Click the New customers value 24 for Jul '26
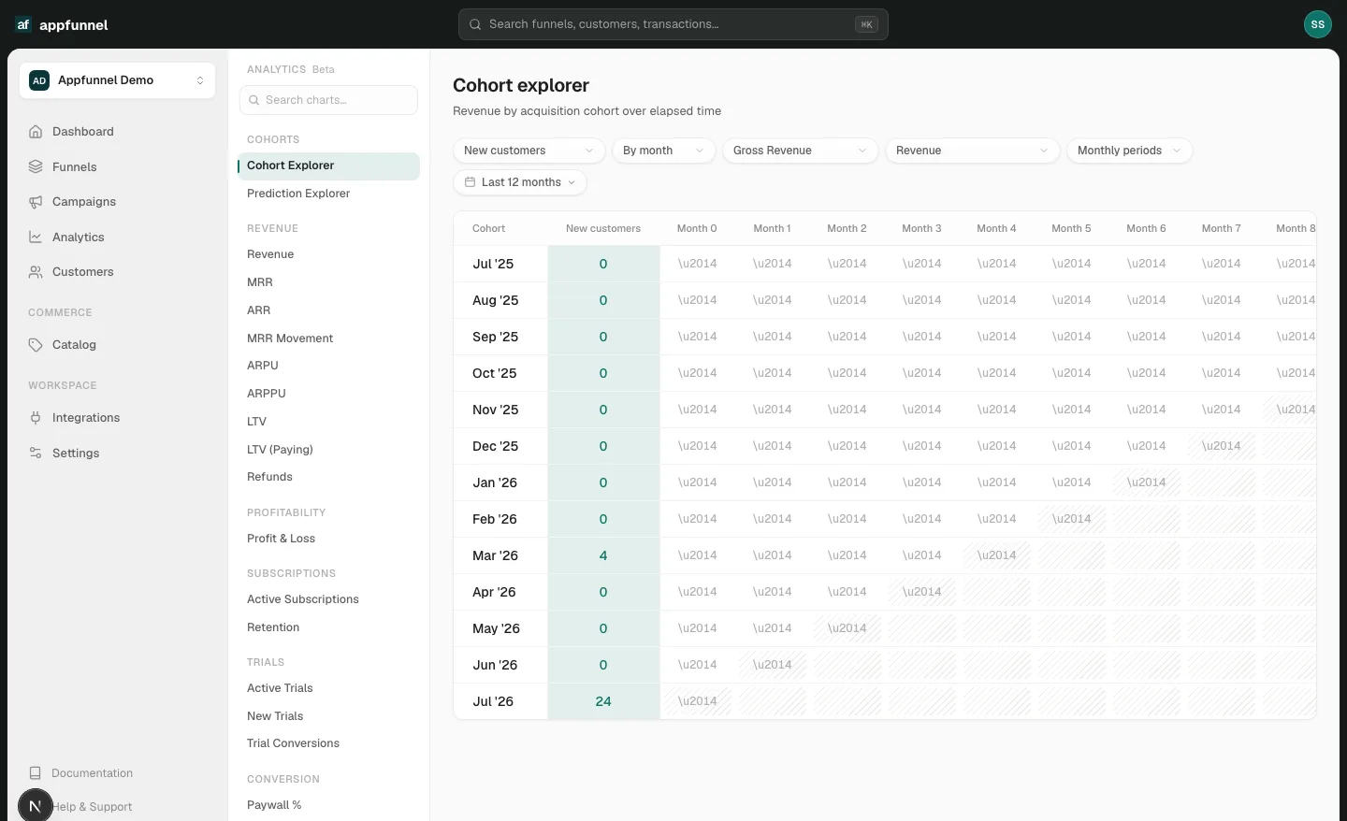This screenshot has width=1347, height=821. tap(603, 701)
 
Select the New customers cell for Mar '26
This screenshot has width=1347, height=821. tap(603, 555)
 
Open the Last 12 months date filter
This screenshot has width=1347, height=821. tap(519, 182)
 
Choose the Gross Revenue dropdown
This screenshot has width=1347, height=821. tap(800, 151)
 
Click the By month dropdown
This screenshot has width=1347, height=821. tap(663, 151)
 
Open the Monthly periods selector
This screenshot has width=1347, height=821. tap(1129, 151)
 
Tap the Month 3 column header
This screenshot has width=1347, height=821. tap(921, 228)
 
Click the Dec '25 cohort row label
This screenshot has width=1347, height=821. tap(495, 446)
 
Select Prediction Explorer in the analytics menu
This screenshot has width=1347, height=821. tap(298, 194)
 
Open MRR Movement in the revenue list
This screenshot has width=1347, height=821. tap(290, 338)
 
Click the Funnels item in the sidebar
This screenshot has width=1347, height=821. tap(74, 167)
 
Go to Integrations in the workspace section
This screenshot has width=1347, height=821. tap(85, 418)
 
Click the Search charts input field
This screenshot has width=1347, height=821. tap(328, 100)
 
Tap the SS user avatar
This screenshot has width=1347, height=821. tap(1317, 24)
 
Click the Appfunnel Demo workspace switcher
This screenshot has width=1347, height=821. tap(117, 80)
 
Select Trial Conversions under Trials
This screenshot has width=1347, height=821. tap(293, 743)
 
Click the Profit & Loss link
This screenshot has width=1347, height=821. tap(281, 539)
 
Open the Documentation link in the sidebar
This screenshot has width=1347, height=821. tap(92, 773)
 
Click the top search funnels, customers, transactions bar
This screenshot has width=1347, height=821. tap(673, 24)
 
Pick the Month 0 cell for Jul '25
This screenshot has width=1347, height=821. tap(697, 264)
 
